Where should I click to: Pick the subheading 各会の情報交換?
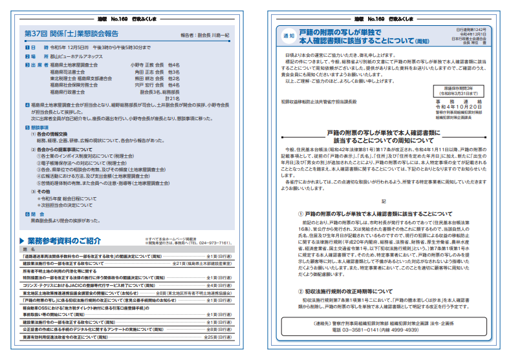58,134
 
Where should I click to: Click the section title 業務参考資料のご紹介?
65,241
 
